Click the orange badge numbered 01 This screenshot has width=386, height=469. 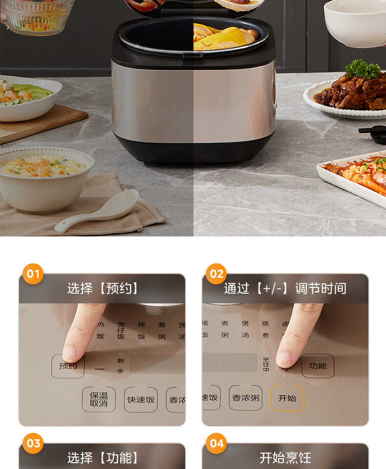pyautogui.click(x=33, y=274)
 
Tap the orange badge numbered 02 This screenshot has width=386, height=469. pyautogui.click(x=216, y=274)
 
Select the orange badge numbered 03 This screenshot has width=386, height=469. pyautogui.click(x=33, y=444)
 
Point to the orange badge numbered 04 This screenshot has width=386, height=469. pyautogui.click(x=216, y=444)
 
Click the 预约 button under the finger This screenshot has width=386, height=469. pyautogui.click(x=68, y=366)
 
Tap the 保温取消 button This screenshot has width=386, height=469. pyautogui.click(x=99, y=399)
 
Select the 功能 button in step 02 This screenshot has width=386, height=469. pyautogui.click(x=318, y=365)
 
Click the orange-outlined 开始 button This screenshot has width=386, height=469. pyautogui.click(x=287, y=398)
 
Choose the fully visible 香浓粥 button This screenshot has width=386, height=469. pyautogui.click(x=245, y=398)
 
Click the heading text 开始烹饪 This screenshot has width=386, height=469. pyautogui.click(x=285, y=458)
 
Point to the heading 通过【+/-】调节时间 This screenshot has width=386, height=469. pyautogui.click(x=285, y=288)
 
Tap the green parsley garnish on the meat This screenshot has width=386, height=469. pyautogui.click(x=363, y=69)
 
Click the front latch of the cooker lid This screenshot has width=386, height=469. pyautogui.click(x=193, y=57)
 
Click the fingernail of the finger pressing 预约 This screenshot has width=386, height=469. pyautogui.click(x=69, y=353)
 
